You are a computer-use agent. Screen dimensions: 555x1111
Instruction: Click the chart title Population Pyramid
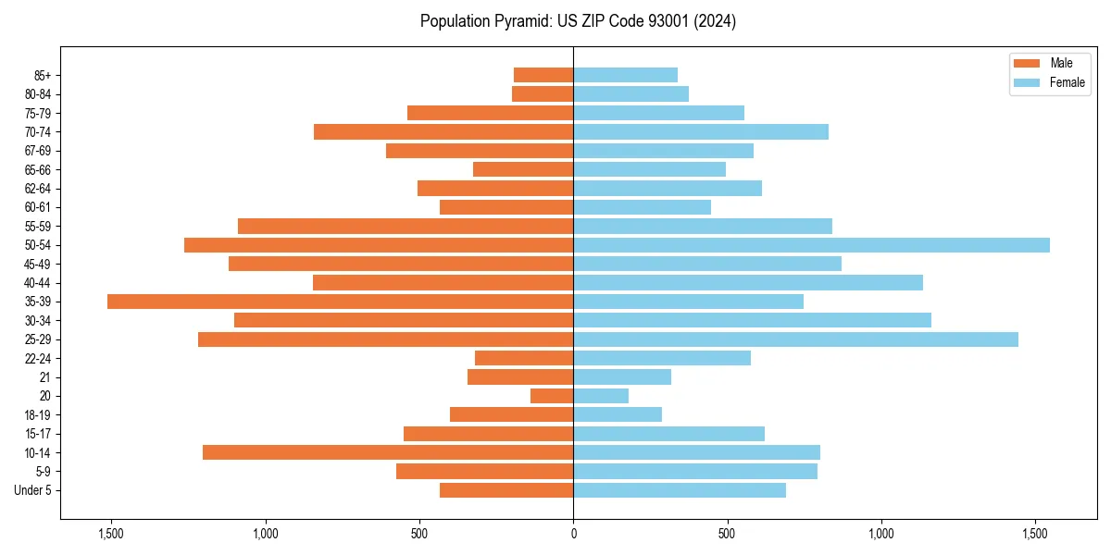[x=578, y=21]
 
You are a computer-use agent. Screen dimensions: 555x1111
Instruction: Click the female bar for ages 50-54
[x=811, y=245]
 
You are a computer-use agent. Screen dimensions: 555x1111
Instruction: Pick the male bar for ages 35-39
[x=340, y=302]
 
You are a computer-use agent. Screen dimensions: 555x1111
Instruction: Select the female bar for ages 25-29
[x=795, y=339]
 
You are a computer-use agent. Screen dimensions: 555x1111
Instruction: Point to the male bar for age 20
[x=552, y=396]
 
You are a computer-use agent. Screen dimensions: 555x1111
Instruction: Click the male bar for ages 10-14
[x=388, y=452]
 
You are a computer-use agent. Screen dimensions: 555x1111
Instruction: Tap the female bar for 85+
[x=625, y=75]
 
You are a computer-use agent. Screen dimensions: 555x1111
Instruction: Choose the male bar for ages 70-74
[x=443, y=131]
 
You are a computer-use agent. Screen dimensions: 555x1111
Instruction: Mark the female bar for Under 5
[x=680, y=490]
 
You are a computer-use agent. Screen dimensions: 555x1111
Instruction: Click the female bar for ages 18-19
[x=618, y=414]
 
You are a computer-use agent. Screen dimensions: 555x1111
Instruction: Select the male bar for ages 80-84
[x=543, y=93]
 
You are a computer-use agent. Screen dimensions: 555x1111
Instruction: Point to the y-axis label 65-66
[x=38, y=169]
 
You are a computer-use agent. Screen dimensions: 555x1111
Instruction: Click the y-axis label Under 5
[x=33, y=490]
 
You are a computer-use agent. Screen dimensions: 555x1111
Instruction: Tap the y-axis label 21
[x=44, y=377]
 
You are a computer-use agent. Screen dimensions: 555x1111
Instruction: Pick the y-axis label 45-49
[x=38, y=264]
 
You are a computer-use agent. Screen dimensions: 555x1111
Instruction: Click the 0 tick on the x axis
[x=573, y=533]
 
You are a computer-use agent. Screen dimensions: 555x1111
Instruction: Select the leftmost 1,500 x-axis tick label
[x=111, y=533]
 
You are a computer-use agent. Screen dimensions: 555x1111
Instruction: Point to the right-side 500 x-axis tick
[x=728, y=533]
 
